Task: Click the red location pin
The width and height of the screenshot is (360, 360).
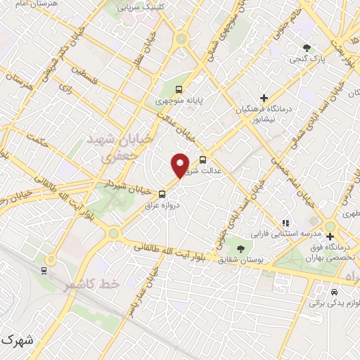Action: pyautogui.click(x=180, y=165)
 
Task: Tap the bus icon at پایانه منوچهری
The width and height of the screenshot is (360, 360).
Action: pyautogui.click(x=179, y=89)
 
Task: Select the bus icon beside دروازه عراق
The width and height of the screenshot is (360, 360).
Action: pyautogui.click(x=162, y=193)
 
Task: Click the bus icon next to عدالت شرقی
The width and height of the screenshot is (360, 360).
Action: pyautogui.click(x=203, y=160)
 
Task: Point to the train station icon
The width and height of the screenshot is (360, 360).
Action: pyautogui.click(x=44, y=269)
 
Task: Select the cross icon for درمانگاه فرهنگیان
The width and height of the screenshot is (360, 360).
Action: pyautogui.click(x=264, y=97)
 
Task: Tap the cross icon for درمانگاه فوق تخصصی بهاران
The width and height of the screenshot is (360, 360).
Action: pyautogui.click(x=330, y=236)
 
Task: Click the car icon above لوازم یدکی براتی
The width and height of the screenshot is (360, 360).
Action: pyautogui.click(x=335, y=291)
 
